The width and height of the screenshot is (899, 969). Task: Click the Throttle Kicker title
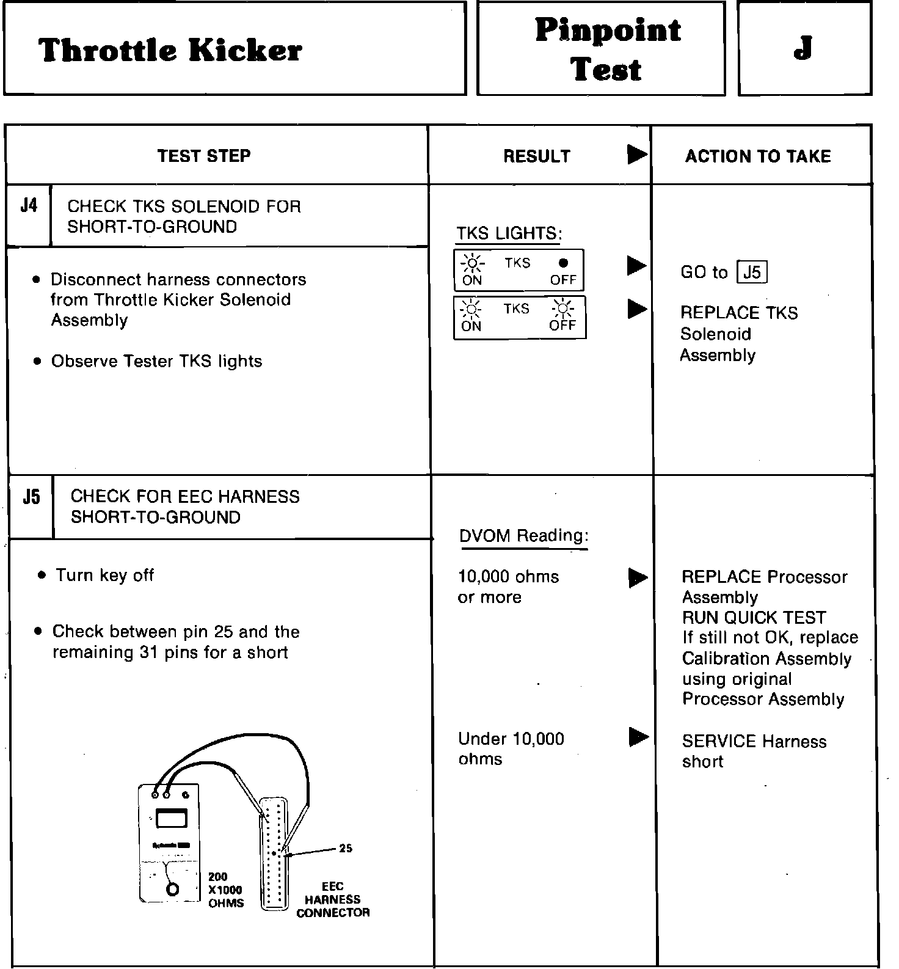tap(170, 50)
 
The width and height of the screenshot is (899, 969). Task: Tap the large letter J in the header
tap(803, 48)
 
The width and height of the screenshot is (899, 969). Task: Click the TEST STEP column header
tap(204, 156)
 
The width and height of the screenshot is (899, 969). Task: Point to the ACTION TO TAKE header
tap(758, 156)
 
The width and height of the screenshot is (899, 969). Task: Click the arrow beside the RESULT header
tap(637, 155)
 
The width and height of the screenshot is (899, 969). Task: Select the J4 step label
tap(29, 205)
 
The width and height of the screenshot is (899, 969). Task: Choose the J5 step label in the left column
tap(31, 497)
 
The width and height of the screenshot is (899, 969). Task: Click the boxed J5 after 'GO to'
tap(752, 272)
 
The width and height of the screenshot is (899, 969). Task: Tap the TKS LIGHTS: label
tap(509, 233)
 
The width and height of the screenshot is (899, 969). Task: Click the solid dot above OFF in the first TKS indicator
tap(563, 263)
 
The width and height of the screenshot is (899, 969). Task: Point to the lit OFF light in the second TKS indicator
tap(562, 309)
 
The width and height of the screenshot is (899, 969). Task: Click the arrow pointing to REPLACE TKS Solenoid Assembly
tap(637, 309)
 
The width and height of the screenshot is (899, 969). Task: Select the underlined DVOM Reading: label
tap(523, 536)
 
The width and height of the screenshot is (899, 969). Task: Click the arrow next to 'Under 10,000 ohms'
tap(638, 737)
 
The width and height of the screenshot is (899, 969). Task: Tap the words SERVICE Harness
tap(754, 741)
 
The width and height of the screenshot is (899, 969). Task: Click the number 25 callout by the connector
tap(346, 848)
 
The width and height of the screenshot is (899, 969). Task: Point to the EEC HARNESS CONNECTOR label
tap(333, 899)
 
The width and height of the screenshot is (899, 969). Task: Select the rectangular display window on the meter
tap(172, 818)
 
